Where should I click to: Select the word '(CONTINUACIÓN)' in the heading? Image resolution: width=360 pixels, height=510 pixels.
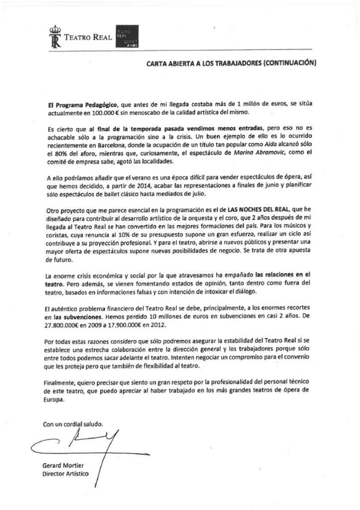pyautogui.click(x=290, y=63)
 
